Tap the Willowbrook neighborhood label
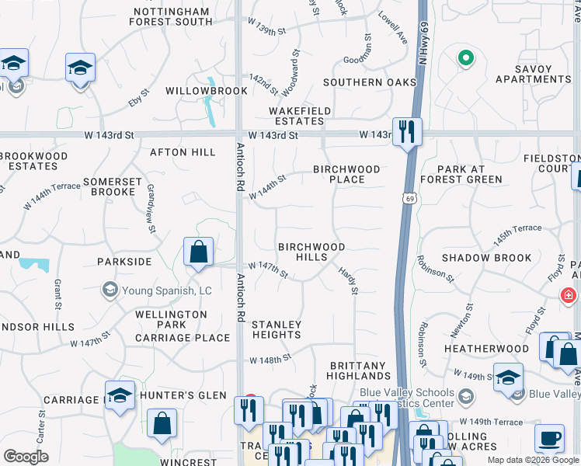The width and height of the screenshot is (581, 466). pyautogui.click(x=195, y=91)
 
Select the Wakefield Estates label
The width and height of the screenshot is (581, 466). pyautogui.click(x=300, y=116)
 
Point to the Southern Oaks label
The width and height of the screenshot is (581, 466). pyautogui.click(x=364, y=82)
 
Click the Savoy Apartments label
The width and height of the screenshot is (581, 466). pyautogui.click(x=533, y=74)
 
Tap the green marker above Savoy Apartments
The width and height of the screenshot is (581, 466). pyautogui.click(x=465, y=57)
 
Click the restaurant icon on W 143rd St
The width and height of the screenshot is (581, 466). pyautogui.click(x=407, y=131)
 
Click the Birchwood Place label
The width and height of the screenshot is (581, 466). pyautogui.click(x=346, y=174)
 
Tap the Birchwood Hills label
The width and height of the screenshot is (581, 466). pyautogui.click(x=311, y=252)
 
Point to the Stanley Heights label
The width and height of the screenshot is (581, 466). pyautogui.click(x=277, y=329)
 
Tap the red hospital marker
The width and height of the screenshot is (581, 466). pyautogui.click(x=569, y=295)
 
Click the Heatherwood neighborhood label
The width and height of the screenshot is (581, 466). pyautogui.click(x=486, y=349)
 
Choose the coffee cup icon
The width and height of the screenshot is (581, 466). pyautogui.click(x=549, y=437)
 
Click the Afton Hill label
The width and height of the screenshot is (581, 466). pyautogui.click(x=183, y=152)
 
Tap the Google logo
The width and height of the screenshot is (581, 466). pyautogui.click(x=26, y=456)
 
